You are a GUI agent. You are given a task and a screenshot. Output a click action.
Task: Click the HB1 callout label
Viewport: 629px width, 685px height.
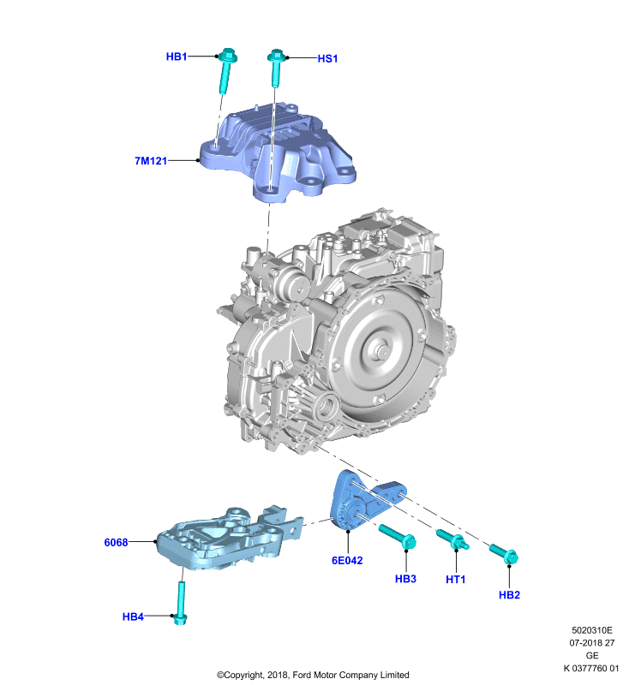click(177, 57)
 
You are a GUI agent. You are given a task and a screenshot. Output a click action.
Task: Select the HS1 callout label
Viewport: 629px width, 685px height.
click(327, 58)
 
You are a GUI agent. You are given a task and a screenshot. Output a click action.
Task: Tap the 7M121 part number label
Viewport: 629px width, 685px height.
click(151, 161)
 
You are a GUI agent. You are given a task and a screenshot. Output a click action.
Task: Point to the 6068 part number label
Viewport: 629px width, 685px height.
click(116, 542)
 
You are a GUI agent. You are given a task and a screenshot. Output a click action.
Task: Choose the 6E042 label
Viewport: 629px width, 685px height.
click(347, 561)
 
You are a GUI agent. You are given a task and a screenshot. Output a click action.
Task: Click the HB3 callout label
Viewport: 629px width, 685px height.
click(405, 579)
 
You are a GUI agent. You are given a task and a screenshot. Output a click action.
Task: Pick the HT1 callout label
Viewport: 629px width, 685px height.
click(455, 580)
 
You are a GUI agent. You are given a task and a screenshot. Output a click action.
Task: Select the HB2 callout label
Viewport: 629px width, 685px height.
click(509, 594)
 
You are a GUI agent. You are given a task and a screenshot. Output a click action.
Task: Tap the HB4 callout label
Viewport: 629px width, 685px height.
click(133, 616)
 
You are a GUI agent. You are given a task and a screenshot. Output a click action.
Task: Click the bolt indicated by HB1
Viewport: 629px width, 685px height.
click(226, 70)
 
